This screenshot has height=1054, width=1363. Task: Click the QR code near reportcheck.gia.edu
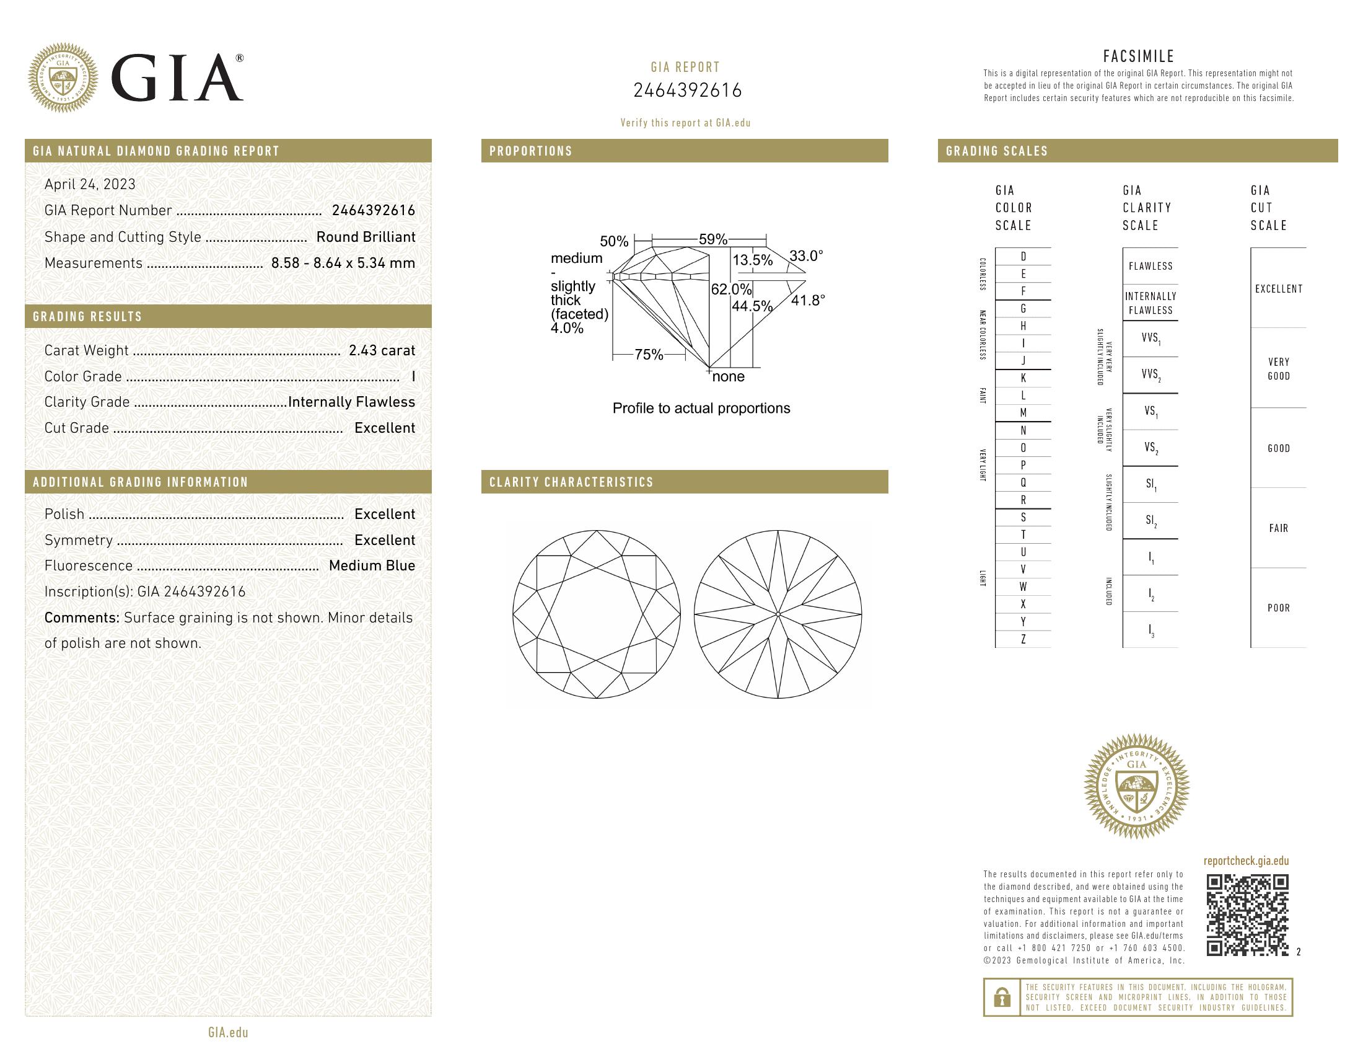pos(1247,914)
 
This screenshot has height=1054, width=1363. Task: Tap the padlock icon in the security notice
pos(1002,997)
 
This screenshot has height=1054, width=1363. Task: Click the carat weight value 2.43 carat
pos(381,350)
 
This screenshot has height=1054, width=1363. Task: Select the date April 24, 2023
pos(90,184)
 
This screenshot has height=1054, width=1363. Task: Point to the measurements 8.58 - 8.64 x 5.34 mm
pos(343,263)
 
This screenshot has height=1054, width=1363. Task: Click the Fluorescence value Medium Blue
pos(371,565)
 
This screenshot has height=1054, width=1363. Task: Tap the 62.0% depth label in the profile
pos(731,289)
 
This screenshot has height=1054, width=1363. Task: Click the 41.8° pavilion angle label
pos(807,300)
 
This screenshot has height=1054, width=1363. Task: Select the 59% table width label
pos(712,239)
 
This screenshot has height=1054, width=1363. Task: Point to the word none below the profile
pos(729,376)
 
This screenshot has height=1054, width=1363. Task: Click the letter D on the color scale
pos(1023,257)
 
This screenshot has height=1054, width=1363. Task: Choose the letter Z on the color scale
pos(1023,639)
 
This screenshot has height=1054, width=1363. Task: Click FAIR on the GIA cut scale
pos(1278,528)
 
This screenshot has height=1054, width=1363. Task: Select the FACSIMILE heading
pos(1138,56)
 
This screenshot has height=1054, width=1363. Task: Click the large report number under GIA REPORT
pos(687,91)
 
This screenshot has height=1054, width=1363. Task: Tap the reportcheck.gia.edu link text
pos(1246,861)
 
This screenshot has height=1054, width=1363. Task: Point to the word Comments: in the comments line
pos(82,618)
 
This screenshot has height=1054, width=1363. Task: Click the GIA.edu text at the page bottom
pos(228,1033)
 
